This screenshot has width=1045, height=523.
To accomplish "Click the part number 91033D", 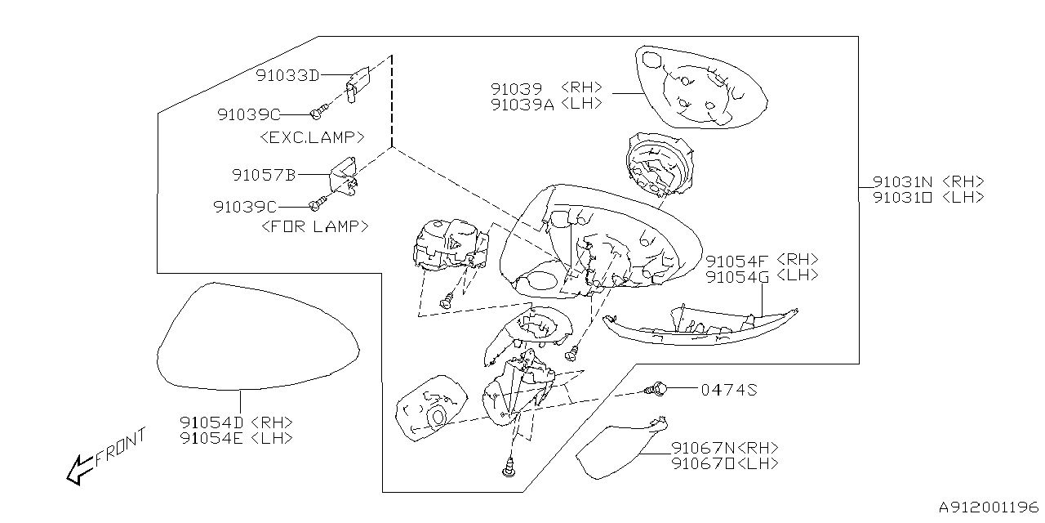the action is [287, 75].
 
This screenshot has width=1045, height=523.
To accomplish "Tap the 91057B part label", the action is [264, 175].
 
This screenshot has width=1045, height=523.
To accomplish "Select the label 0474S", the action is [729, 390].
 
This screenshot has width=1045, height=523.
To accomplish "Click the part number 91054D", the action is [211, 422].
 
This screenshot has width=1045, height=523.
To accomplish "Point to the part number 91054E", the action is [211, 439].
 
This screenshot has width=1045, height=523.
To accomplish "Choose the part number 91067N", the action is [704, 449].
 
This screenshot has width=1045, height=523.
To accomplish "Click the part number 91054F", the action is [736, 261].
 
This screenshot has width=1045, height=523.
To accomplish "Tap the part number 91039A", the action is [522, 105].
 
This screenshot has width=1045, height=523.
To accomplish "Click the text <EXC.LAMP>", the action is [312, 137].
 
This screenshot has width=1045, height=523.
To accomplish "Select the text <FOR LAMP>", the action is [315, 226].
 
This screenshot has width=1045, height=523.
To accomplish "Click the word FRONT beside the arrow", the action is [120, 447].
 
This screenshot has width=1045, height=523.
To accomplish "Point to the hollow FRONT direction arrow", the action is [80, 470].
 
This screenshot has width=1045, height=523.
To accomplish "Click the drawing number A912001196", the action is [989, 507].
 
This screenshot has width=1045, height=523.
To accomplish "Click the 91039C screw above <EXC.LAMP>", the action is [319, 112].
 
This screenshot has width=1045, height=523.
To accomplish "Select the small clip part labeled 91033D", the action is [358, 84].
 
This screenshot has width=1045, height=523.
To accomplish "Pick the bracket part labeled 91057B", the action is [344, 177].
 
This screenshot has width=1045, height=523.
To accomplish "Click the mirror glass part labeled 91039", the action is [700, 87].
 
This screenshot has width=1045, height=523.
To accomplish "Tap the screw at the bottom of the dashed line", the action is [509, 468].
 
